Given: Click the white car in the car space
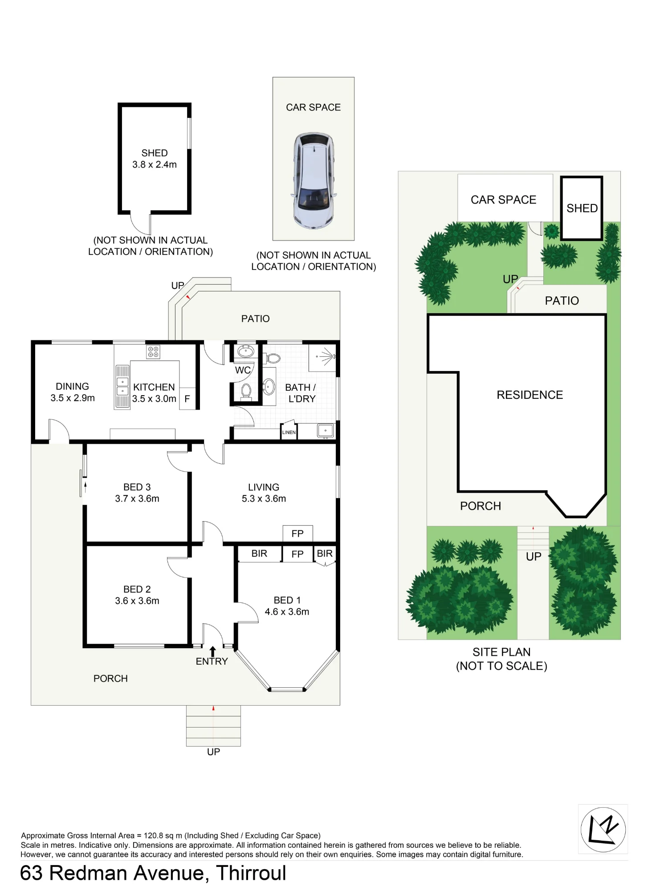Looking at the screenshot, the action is click(x=313, y=180).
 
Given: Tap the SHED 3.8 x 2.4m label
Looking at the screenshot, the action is click(x=155, y=159).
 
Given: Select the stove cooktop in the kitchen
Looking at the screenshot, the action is click(x=153, y=352).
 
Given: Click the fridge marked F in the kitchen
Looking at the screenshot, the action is click(x=187, y=398).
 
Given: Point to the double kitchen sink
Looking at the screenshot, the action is click(x=122, y=387).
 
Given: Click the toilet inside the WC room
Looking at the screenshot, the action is click(x=246, y=391).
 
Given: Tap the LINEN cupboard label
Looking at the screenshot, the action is click(x=289, y=432).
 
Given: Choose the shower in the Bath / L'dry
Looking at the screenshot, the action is click(x=322, y=357).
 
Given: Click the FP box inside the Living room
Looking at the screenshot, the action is click(x=297, y=533).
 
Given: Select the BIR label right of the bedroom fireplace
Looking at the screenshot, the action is click(x=325, y=553).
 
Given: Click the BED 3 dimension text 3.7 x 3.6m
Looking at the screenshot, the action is click(x=137, y=499).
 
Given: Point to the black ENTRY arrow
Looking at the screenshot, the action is click(x=213, y=651).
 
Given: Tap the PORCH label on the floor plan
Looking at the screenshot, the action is click(x=110, y=678).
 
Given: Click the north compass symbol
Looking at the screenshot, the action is click(x=603, y=830).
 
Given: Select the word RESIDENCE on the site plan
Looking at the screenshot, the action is click(x=530, y=395).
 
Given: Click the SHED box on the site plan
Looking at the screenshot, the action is click(x=582, y=208).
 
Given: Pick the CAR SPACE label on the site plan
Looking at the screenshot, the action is click(x=503, y=200).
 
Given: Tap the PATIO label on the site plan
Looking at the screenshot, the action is click(x=562, y=301).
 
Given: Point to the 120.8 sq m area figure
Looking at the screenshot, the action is click(x=163, y=836).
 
